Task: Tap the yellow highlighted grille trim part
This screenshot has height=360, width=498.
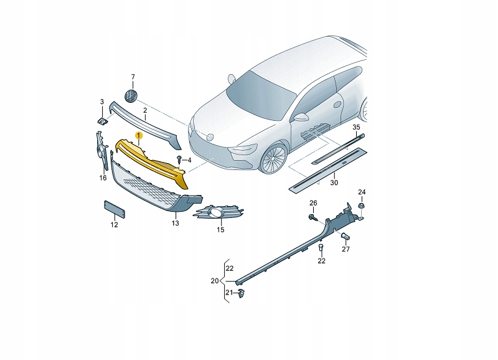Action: point(153,161)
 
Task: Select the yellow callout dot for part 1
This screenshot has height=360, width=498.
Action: point(139,135)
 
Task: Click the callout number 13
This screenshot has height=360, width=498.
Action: point(176,222)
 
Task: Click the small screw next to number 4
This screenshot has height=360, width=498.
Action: point(179,160)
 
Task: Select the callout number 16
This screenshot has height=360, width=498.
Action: point(103,178)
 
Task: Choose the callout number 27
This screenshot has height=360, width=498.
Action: point(345,249)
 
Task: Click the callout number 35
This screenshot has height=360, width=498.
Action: point(356,127)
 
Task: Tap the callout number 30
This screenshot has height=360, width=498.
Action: point(334,183)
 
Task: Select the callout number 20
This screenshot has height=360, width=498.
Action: point(215,280)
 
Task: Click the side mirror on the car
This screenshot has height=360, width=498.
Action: point(301,117)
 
